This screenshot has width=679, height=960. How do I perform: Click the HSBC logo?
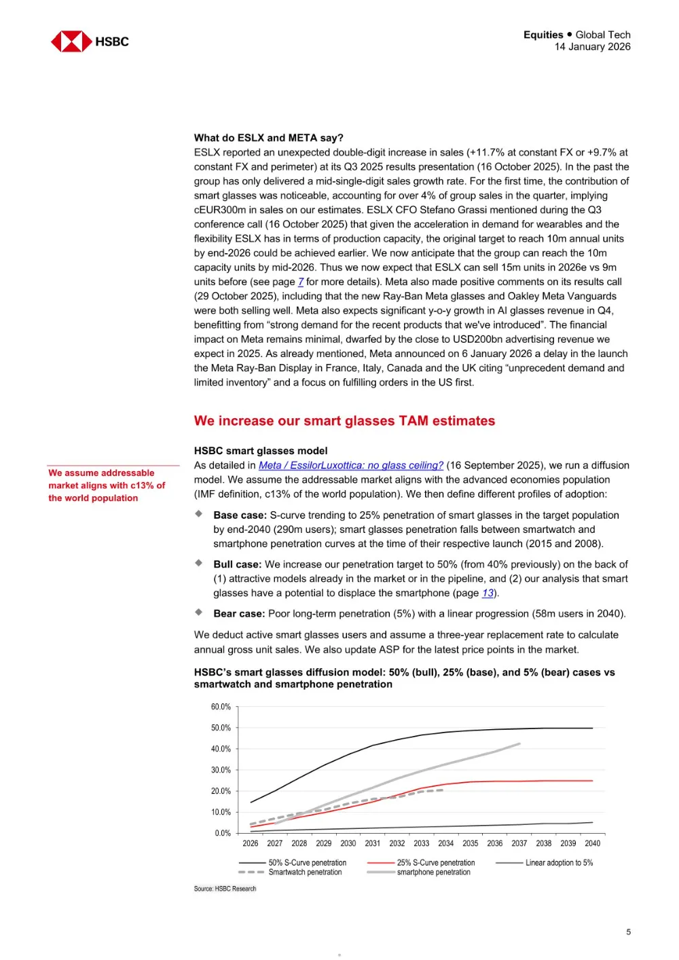[90, 41]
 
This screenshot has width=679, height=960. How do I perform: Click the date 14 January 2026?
[592, 47]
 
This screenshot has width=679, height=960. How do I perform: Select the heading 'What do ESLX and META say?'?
[268, 138]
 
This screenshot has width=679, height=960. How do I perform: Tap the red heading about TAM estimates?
[344, 421]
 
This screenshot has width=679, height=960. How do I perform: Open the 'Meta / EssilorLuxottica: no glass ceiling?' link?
[350, 466]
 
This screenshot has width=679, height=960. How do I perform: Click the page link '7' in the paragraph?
[301, 282]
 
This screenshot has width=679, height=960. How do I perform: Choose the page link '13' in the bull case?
[488, 593]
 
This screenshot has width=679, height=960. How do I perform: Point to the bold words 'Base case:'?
[240, 515]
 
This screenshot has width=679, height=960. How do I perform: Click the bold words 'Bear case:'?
[239, 614]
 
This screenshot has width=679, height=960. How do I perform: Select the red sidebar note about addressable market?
[107, 485]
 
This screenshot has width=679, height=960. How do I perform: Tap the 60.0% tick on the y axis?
[221, 707]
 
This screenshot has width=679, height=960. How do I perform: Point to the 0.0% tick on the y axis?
[223, 833]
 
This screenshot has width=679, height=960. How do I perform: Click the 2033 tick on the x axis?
[422, 843]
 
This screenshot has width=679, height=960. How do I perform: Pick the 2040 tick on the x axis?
[592, 843]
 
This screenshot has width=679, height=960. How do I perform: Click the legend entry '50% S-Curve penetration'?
[307, 863]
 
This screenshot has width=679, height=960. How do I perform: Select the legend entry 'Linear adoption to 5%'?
[558, 863]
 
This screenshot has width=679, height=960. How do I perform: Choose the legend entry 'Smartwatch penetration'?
[305, 872]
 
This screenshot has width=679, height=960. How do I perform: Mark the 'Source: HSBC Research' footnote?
[225, 889]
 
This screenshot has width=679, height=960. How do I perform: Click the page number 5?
[628, 932]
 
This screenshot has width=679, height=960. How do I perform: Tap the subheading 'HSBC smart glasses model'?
[261, 451]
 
